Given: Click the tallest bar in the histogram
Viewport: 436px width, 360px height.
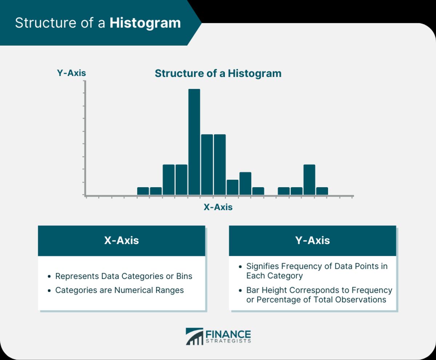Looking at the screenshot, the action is pyautogui.click(x=194, y=142).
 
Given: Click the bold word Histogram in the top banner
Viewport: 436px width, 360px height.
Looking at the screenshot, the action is pyautogui.click(x=145, y=23).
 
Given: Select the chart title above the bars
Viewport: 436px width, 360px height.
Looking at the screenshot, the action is pyautogui.click(x=218, y=73).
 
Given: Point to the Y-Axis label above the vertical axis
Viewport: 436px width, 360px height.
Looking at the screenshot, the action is pyautogui.click(x=72, y=73).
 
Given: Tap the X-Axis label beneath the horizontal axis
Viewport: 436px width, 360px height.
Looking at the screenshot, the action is pyautogui.click(x=218, y=207).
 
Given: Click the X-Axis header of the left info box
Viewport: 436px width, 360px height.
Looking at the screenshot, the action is pyautogui.click(x=121, y=240).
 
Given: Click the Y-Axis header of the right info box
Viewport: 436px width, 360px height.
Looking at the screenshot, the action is pyautogui.click(x=312, y=240).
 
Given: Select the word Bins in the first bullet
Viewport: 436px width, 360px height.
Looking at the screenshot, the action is pyautogui.click(x=184, y=276).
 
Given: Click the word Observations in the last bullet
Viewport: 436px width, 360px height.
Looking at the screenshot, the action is pyautogui.click(x=361, y=300).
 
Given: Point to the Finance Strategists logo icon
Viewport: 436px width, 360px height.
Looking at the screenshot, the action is pyautogui.click(x=194, y=336).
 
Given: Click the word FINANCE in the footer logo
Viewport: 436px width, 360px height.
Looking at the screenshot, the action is pyautogui.click(x=228, y=334).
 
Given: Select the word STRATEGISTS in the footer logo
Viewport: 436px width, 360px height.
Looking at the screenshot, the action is pyautogui.click(x=228, y=341).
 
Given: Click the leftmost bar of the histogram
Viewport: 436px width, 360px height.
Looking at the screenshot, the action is pyautogui.click(x=143, y=191).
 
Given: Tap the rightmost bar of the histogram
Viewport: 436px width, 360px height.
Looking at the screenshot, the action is pyautogui.click(x=322, y=191).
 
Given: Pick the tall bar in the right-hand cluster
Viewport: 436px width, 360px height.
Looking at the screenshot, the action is pyautogui.click(x=309, y=180).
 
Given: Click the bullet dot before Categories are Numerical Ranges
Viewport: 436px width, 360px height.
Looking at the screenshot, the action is pyautogui.click(x=49, y=291).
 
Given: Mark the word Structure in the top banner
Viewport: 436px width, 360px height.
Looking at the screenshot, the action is pyautogui.click(x=45, y=23).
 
